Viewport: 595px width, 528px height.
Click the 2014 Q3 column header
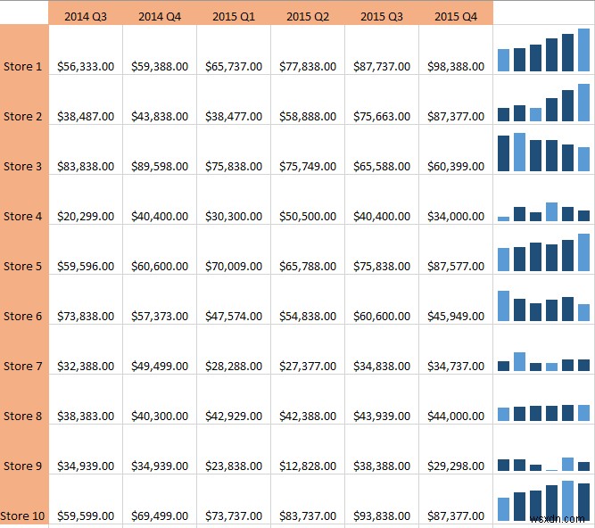(x=85, y=15)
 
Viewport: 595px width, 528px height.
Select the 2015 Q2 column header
(x=308, y=15)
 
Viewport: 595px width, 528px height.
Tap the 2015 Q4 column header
(x=455, y=15)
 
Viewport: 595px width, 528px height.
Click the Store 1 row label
(x=23, y=66)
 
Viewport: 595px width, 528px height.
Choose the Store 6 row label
(x=23, y=316)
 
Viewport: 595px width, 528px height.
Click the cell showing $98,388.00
(x=455, y=66)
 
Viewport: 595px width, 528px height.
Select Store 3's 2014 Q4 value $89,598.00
(x=159, y=166)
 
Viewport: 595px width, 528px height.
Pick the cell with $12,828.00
(x=308, y=466)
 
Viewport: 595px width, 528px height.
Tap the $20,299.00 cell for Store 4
(x=85, y=216)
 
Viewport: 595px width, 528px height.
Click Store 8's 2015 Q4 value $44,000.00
(x=455, y=416)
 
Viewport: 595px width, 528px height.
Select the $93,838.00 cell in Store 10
(x=381, y=516)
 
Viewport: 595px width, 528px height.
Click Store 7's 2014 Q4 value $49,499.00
(x=159, y=366)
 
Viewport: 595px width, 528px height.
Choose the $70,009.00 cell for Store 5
(x=233, y=266)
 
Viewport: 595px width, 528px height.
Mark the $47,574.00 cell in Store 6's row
(x=233, y=316)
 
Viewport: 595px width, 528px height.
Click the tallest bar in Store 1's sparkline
(x=583, y=50)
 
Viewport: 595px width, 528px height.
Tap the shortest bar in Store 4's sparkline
(x=503, y=218)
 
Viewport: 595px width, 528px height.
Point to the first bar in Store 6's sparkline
(x=503, y=305)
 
